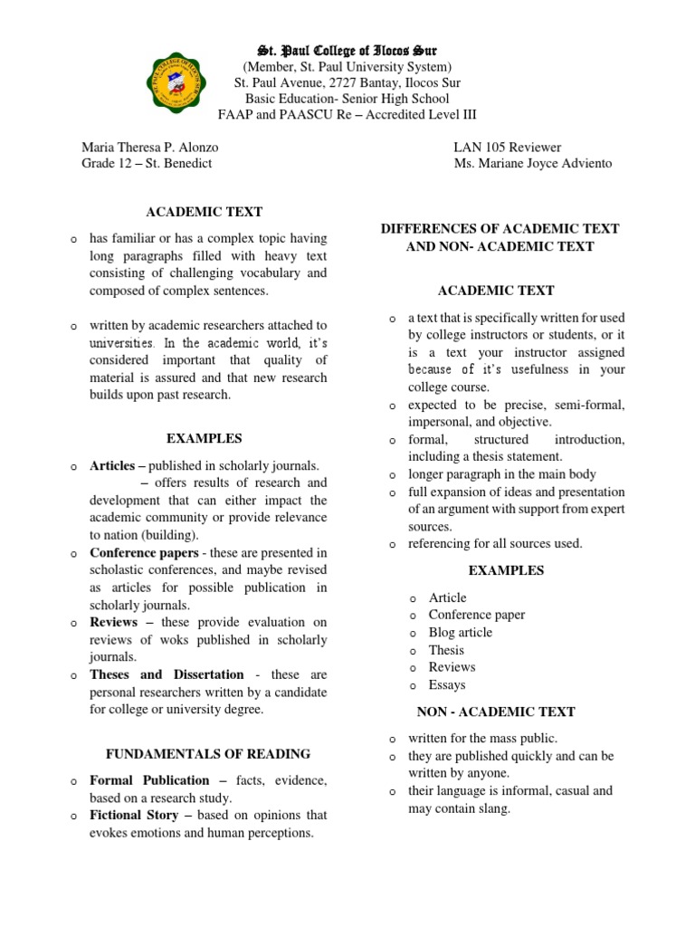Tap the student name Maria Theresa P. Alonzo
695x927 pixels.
click(x=149, y=147)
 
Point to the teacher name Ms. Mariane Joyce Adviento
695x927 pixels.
click(x=533, y=164)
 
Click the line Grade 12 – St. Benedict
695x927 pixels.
click(x=147, y=164)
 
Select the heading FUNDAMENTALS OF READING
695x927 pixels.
click(x=208, y=753)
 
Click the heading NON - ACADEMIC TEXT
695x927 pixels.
click(x=495, y=712)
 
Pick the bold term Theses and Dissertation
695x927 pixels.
click(x=167, y=674)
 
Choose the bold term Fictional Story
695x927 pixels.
click(x=134, y=816)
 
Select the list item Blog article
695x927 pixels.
click(x=460, y=632)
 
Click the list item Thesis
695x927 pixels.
click(x=446, y=650)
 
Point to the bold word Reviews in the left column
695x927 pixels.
click(x=113, y=623)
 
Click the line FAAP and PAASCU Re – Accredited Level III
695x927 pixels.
click(x=347, y=115)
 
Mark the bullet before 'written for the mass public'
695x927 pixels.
click(x=393, y=739)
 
